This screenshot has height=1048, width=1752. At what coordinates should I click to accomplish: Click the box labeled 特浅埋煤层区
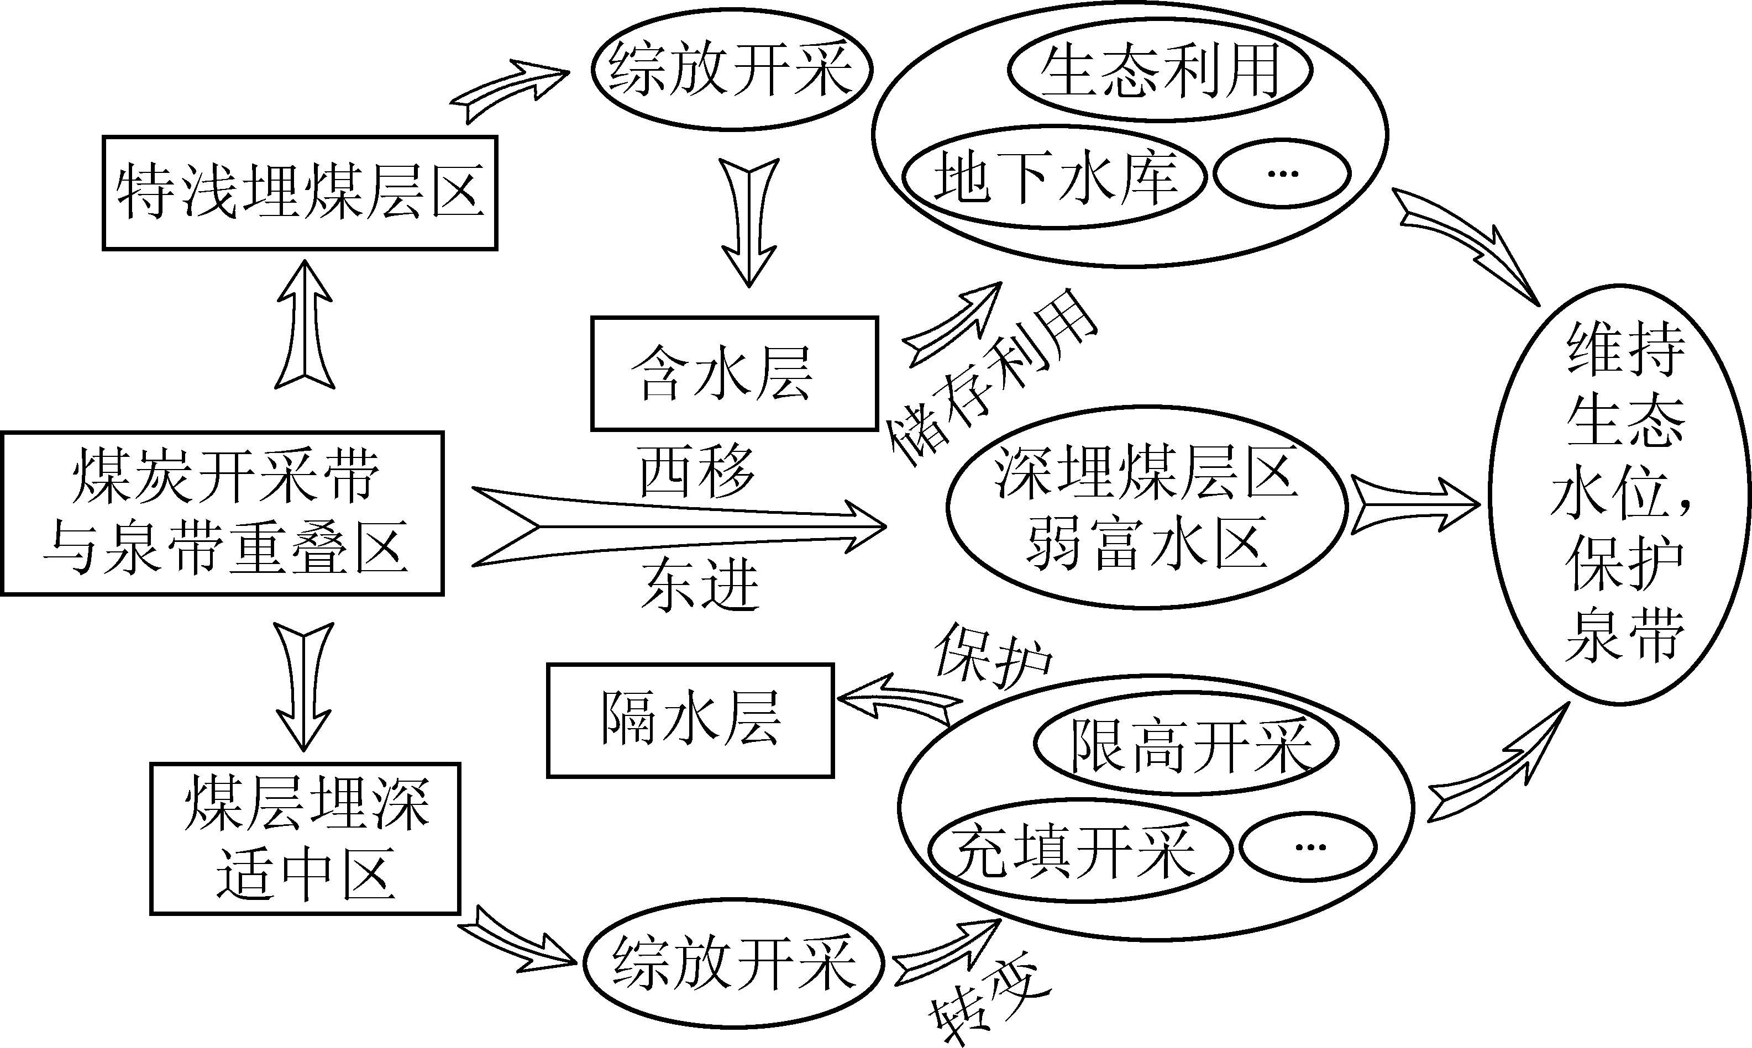click(x=300, y=193)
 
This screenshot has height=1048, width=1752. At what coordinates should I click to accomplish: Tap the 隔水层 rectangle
click(x=690, y=720)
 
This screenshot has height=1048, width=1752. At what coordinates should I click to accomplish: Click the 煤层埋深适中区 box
click(x=305, y=838)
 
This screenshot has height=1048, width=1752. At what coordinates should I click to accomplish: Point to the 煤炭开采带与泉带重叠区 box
click(x=223, y=513)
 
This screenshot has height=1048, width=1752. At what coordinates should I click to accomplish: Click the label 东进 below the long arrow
click(x=699, y=584)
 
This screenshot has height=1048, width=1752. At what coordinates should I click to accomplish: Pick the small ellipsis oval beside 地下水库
click(x=1282, y=173)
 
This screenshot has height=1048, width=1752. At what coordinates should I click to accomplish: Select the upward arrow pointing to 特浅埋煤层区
click(x=305, y=325)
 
